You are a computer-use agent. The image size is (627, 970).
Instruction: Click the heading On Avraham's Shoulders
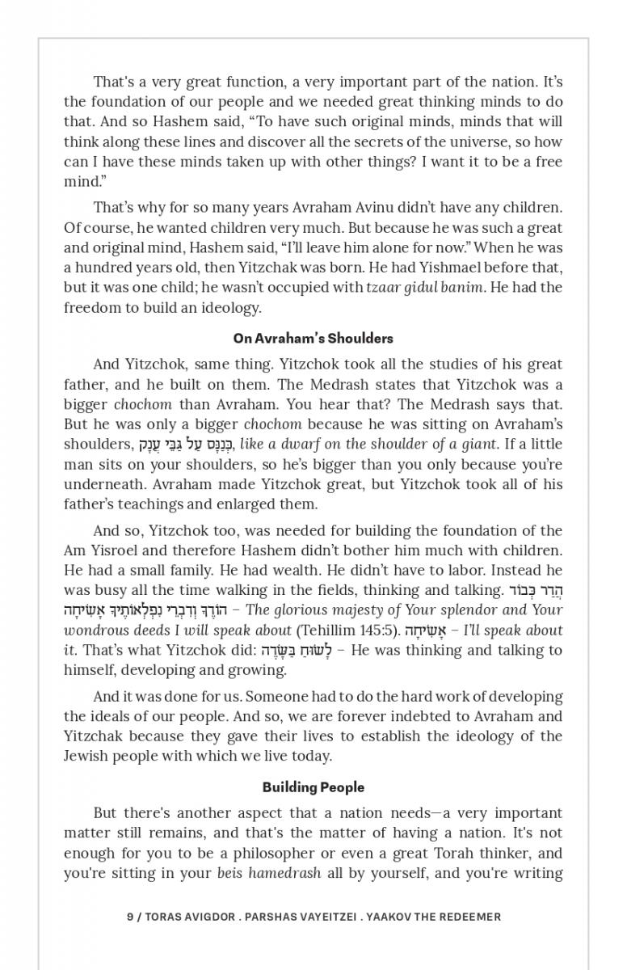tap(313, 339)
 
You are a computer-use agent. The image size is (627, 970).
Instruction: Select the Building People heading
tap(313, 787)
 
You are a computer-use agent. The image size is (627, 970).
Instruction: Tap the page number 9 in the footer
tap(130, 917)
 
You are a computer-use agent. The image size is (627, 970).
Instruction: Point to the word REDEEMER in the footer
tap(469, 917)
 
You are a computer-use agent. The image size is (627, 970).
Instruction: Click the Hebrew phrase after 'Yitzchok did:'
tap(296, 651)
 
